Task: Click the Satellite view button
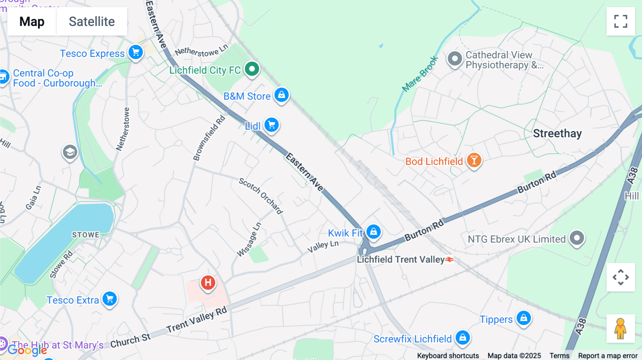click(x=92, y=21)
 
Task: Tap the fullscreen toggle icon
click(x=621, y=21)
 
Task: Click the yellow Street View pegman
click(x=621, y=329)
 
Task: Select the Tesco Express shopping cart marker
click(x=136, y=52)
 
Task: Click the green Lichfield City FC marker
click(x=252, y=68)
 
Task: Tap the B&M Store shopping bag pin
click(x=281, y=95)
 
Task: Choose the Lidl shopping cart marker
click(x=272, y=125)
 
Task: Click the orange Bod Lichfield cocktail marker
click(x=474, y=160)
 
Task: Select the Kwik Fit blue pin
click(x=373, y=232)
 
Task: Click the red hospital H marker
click(x=208, y=283)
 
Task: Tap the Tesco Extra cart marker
click(x=110, y=299)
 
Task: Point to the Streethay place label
click(x=557, y=134)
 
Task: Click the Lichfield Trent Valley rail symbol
click(x=449, y=259)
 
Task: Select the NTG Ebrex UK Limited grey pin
click(x=577, y=238)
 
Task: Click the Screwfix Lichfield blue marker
click(x=463, y=337)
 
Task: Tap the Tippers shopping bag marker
click(x=524, y=318)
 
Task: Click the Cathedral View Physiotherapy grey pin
click(x=455, y=59)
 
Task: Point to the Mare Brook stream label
click(x=420, y=74)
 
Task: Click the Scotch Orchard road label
click(x=261, y=196)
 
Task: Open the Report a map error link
click(x=608, y=356)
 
